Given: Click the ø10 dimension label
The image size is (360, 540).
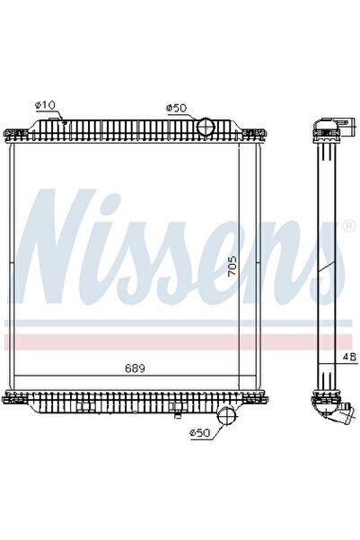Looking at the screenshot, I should [45, 105].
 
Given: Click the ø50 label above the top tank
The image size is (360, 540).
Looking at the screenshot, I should [176, 108].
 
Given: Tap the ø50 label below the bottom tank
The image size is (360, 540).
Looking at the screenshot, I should [199, 434].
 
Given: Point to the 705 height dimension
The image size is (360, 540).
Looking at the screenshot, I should [233, 268].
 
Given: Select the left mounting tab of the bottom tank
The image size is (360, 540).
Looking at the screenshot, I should [11, 399].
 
